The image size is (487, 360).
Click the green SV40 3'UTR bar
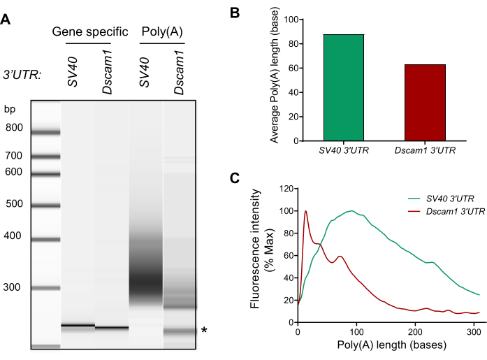(x=344, y=87)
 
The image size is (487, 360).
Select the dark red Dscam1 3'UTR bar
(x=425, y=103)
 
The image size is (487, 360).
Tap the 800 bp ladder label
(x=14, y=127)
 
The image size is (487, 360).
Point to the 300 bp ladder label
(x=12, y=287)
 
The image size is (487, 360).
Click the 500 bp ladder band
(x=45, y=206)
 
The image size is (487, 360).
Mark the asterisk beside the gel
(x=204, y=330)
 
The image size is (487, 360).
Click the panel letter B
(x=235, y=13)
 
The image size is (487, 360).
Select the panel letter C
(x=235, y=178)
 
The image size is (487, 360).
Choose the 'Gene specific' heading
(x=90, y=31)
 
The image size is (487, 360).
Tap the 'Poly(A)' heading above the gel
(x=162, y=31)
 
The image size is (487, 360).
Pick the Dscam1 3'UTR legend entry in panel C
(x=446, y=212)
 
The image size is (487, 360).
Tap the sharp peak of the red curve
(x=306, y=211)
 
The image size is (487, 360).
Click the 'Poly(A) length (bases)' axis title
(x=392, y=345)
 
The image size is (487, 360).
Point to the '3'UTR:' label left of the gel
(x=22, y=75)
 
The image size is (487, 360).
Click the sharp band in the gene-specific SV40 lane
(x=78, y=326)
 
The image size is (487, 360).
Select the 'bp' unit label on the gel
(x=10, y=109)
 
